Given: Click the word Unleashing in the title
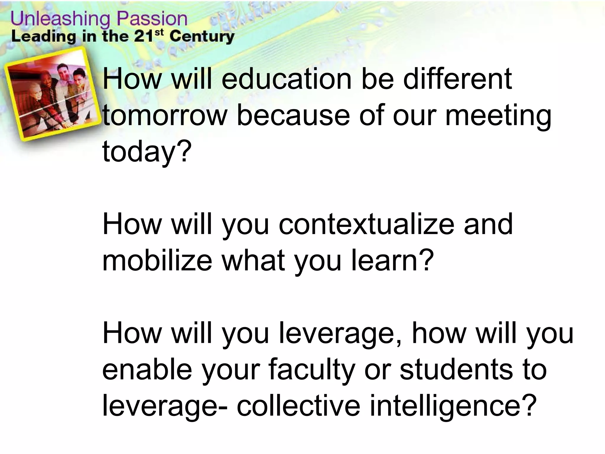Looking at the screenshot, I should (x=61, y=19).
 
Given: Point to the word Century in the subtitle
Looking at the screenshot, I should (x=202, y=37).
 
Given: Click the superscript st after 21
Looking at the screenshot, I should (x=159, y=33).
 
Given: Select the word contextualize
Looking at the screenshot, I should (x=366, y=225).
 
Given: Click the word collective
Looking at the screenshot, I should (x=298, y=406).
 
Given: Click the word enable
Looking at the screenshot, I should (x=147, y=369).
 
